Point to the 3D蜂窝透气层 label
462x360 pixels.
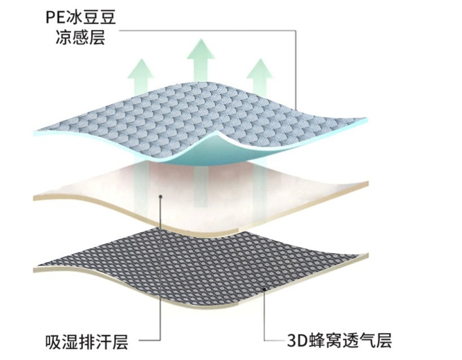click(338, 341)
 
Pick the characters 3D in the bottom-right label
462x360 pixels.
click(295, 341)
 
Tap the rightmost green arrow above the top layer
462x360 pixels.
click(260, 72)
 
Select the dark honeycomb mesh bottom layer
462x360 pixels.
click(198, 260)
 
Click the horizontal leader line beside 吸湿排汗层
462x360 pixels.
click(147, 341)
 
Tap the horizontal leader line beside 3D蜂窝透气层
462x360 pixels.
click(276, 341)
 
